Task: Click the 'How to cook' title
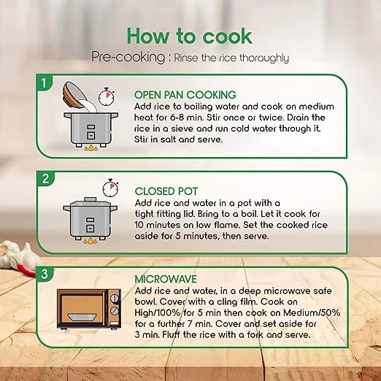(189, 36)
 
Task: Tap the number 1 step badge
(44, 83)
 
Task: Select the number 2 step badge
(45, 179)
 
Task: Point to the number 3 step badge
(45, 274)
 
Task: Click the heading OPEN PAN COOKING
(185, 95)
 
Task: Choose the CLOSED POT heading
(166, 191)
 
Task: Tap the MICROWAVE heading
(166, 279)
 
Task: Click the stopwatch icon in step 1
(107, 97)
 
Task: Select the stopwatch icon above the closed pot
(110, 188)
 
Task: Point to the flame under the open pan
(91, 147)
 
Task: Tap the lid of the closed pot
(89, 202)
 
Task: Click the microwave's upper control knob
(115, 299)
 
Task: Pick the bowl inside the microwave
(82, 317)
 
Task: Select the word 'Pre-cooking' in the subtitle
(128, 58)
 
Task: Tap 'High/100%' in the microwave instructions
(158, 312)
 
